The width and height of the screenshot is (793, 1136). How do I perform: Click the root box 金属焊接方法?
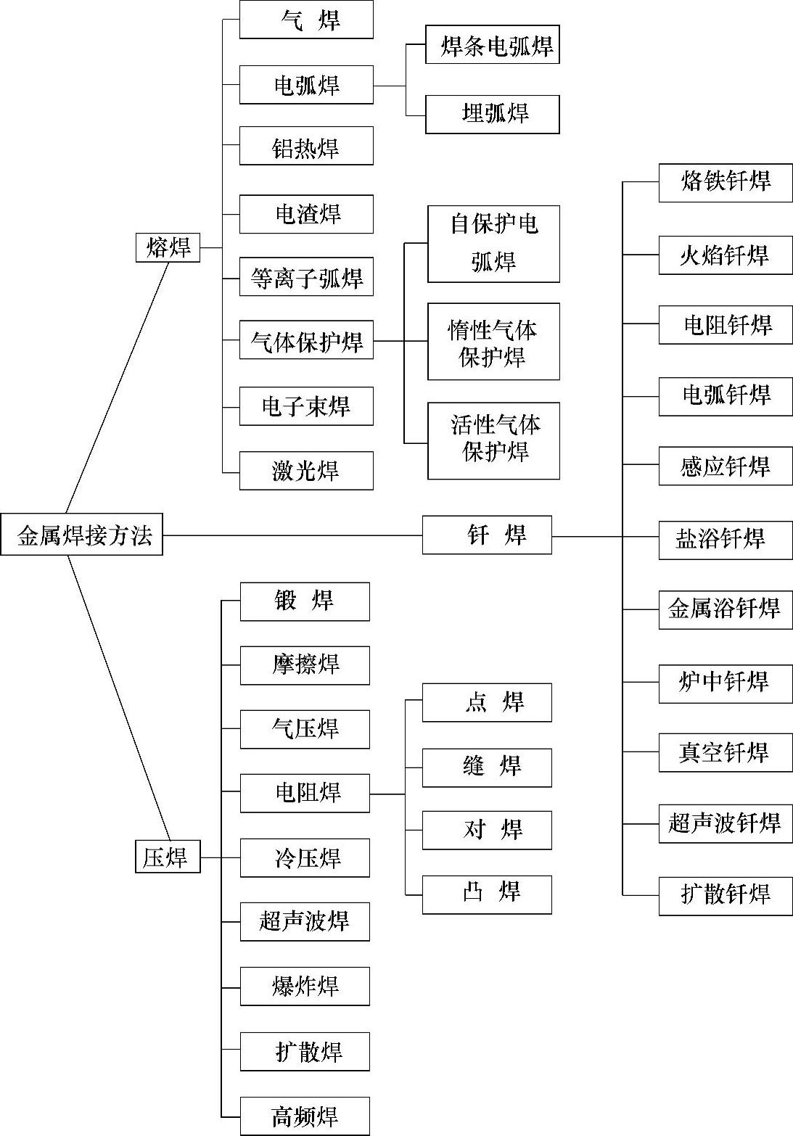[x=81, y=535]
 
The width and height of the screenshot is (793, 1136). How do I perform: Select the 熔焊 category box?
[x=168, y=247]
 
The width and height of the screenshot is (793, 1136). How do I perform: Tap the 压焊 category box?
[x=168, y=857]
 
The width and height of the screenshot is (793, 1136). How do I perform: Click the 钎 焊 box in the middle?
[x=487, y=535]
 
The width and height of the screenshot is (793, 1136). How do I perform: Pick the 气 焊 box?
[x=306, y=20]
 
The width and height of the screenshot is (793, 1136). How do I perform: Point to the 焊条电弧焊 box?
[x=492, y=45]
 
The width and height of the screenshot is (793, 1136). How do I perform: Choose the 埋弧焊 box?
[x=492, y=114]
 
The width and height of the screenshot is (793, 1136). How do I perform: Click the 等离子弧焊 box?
[x=306, y=277]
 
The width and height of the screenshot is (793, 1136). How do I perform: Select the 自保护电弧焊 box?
[x=493, y=244]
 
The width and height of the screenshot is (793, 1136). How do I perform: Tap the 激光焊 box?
[x=306, y=471]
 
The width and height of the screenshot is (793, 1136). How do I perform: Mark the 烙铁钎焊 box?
[x=725, y=183]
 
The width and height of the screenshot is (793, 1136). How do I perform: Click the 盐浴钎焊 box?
[x=725, y=540]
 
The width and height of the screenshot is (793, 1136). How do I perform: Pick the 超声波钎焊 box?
[x=725, y=823]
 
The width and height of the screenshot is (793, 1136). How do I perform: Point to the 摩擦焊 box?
[x=305, y=665]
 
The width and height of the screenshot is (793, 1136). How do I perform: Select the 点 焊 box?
[x=487, y=702]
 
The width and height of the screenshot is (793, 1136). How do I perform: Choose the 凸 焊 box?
[x=487, y=894]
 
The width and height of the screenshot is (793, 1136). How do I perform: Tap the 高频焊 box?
[x=305, y=1116]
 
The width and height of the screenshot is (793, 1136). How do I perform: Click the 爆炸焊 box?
[x=305, y=986]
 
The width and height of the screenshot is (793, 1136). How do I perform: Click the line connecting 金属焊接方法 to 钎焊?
[x=290, y=535]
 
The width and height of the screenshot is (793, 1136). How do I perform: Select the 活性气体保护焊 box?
[x=493, y=440]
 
